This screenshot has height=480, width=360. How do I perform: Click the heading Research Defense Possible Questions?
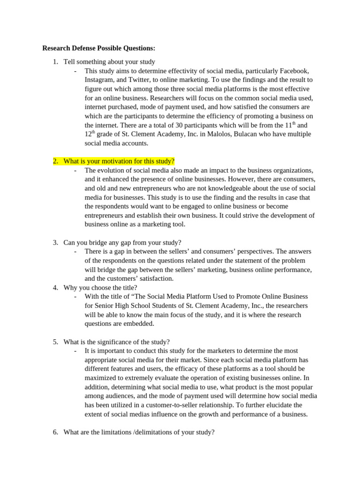pyautogui.click(x=98, y=48)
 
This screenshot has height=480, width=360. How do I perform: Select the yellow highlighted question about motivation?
pyautogui.click(x=119, y=161)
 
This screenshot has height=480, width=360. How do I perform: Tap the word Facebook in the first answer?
pyautogui.click(x=294, y=71)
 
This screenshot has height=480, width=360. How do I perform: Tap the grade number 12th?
pyautogui.click(x=90, y=134)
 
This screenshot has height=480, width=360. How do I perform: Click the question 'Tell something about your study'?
pyautogui.click(x=109, y=62)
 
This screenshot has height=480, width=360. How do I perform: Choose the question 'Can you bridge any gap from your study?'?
pyautogui.click(x=122, y=242)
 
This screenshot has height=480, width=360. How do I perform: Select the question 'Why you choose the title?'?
pyautogui.click(x=100, y=287)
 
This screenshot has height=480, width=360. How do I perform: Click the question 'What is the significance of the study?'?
pyautogui.click(x=117, y=342)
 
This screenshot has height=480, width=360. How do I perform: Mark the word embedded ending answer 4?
pyautogui.click(x=139, y=323)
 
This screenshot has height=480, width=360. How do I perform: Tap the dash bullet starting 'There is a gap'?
pyautogui.click(x=75, y=252)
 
